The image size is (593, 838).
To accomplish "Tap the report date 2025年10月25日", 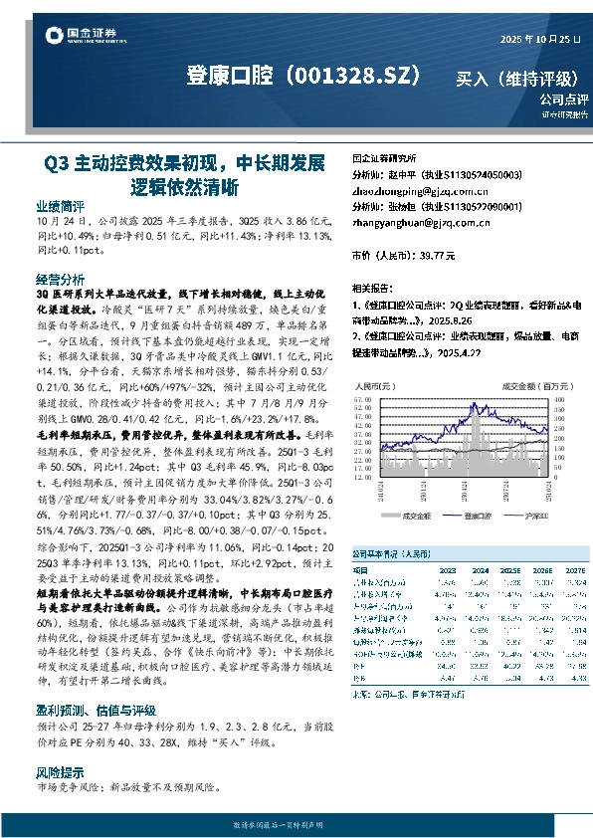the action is point(541,37).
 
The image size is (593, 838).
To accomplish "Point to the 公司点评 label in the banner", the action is point(564,100).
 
